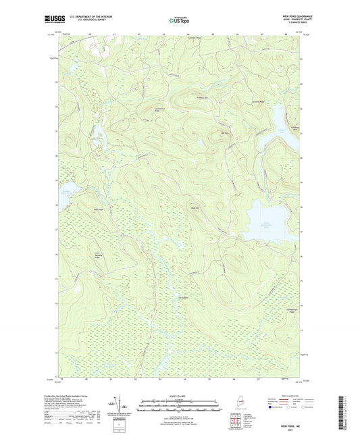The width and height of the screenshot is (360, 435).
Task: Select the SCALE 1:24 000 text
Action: point(179,395)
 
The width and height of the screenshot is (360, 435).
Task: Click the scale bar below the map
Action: point(179,404)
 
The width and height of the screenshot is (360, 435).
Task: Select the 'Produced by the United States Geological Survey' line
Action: point(81,396)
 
